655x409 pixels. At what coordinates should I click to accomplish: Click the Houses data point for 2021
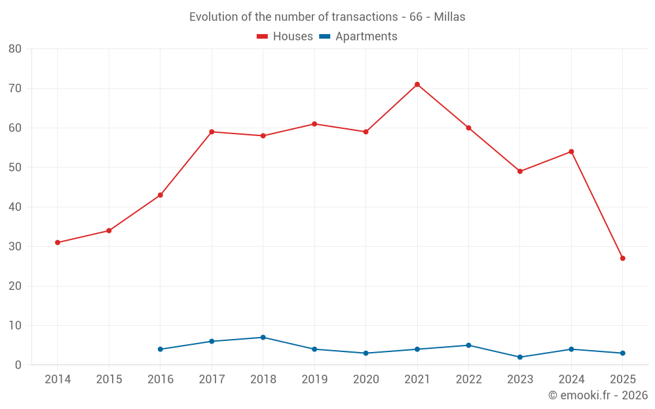click(417, 84)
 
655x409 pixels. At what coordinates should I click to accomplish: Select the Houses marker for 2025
click(623, 258)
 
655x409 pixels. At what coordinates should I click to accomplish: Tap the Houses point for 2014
click(58, 243)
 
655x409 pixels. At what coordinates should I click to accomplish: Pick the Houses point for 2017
click(212, 132)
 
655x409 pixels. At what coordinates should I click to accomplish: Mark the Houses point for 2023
click(520, 171)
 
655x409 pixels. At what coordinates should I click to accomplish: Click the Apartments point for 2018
click(263, 338)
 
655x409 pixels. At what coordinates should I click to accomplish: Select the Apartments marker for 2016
click(160, 349)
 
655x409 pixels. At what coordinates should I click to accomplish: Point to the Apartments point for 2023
click(520, 357)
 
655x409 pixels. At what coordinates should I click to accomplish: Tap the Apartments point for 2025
click(623, 353)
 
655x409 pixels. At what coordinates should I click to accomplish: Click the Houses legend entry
click(285, 37)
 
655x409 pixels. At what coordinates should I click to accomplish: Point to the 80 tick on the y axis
click(15, 49)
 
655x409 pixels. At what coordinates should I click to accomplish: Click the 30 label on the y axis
click(15, 247)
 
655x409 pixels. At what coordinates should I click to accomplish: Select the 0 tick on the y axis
click(18, 365)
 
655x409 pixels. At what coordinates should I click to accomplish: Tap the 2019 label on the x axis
click(314, 379)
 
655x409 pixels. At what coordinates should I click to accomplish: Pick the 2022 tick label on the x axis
click(468, 379)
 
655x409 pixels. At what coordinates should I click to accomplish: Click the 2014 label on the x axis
click(58, 379)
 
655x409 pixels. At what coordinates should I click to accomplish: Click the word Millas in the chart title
click(449, 17)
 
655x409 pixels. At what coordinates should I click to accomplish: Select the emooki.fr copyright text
click(598, 395)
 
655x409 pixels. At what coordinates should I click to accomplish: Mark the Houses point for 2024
click(571, 152)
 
